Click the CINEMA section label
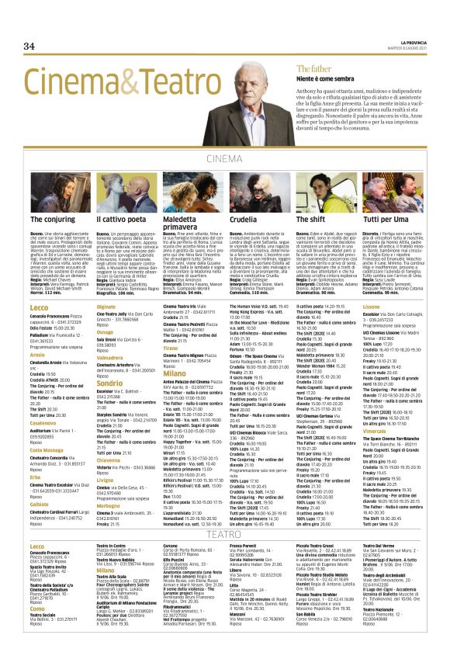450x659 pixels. coord(224,161)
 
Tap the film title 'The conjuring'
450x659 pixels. coord(53,220)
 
